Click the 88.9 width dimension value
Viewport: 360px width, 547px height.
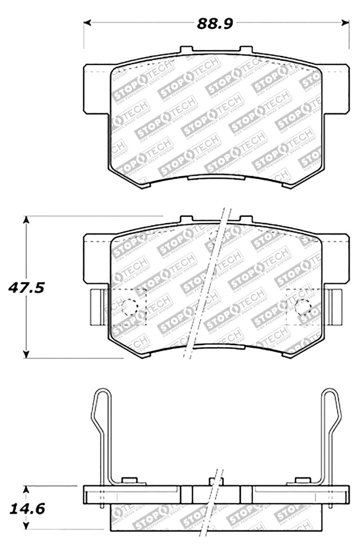click(x=215, y=23)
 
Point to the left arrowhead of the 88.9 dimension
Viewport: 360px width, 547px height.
click(x=89, y=22)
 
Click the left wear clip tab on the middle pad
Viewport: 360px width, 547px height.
click(x=97, y=307)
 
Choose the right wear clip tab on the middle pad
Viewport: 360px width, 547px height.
click(x=336, y=307)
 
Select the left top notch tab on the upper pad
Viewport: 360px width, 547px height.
click(x=187, y=50)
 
